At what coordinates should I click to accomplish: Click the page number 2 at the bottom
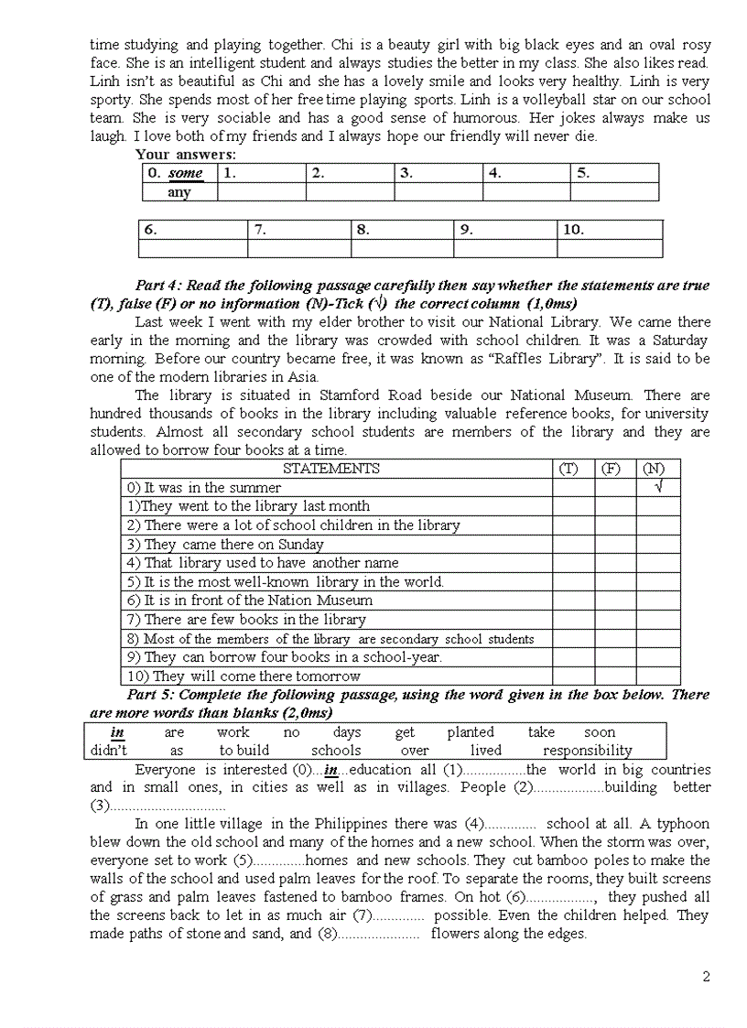point(706,976)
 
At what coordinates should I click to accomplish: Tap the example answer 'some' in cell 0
point(186,173)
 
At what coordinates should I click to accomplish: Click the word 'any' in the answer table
point(179,192)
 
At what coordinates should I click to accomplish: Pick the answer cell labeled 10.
point(609,230)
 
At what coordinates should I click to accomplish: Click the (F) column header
point(611,469)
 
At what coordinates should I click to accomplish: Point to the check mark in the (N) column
point(658,487)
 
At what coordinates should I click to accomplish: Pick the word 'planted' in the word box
point(471,732)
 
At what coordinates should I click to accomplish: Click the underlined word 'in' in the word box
point(117,732)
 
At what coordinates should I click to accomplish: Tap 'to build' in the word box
point(244,751)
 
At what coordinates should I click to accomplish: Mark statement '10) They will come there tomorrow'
point(244,676)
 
